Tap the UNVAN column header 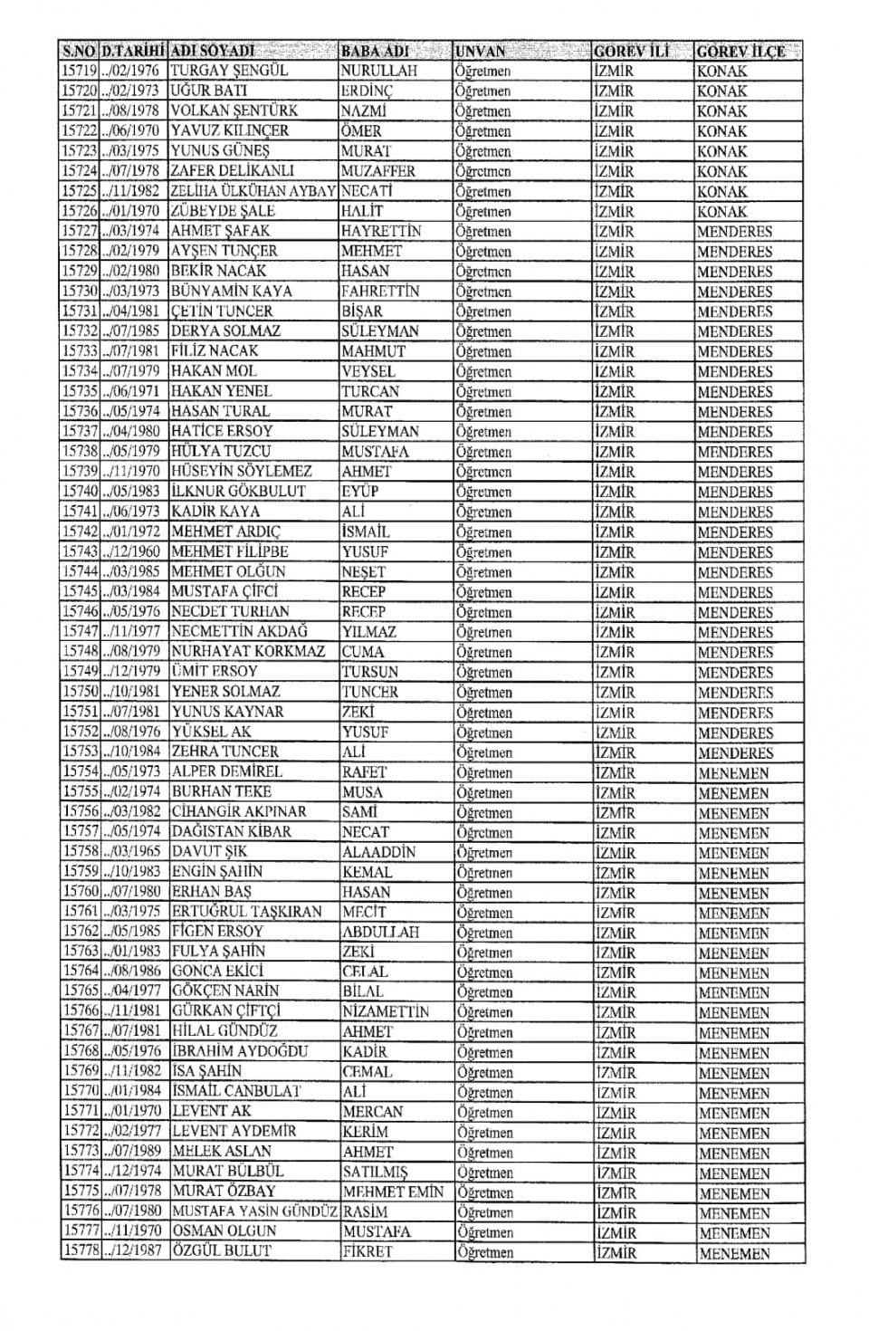pyautogui.click(x=481, y=51)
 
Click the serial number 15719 pyautogui.click(x=79, y=71)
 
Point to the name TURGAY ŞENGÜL pyautogui.click(x=229, y=71)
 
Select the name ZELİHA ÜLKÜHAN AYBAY pyautogui.click(x=253, y=191)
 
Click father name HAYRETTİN pyautogui.click(x=381, y=231)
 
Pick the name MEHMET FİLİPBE pyautogui.click(x=230, y=551)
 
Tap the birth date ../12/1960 pyautogui.click(x=133, y=551)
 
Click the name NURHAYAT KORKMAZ pyautogui.click(x=248, y=651)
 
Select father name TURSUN pyautogui.click(x=370, y=672)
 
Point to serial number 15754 pyautogui.click(x=79, y=771)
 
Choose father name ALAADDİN pyautogui.click(x=379, y=852)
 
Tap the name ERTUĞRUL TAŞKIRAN pyautogui.click(x=246, y=912)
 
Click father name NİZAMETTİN pyautogui.click(x=386, y=1011)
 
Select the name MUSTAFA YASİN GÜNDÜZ pyautogui.click(x=254, y=1211)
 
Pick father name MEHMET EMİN pyautogui.click(x=394, y=1192)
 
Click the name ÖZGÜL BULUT pyautogui.click(x=222, y=1251)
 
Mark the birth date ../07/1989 pyautogui.click(x=133, y=1152)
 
